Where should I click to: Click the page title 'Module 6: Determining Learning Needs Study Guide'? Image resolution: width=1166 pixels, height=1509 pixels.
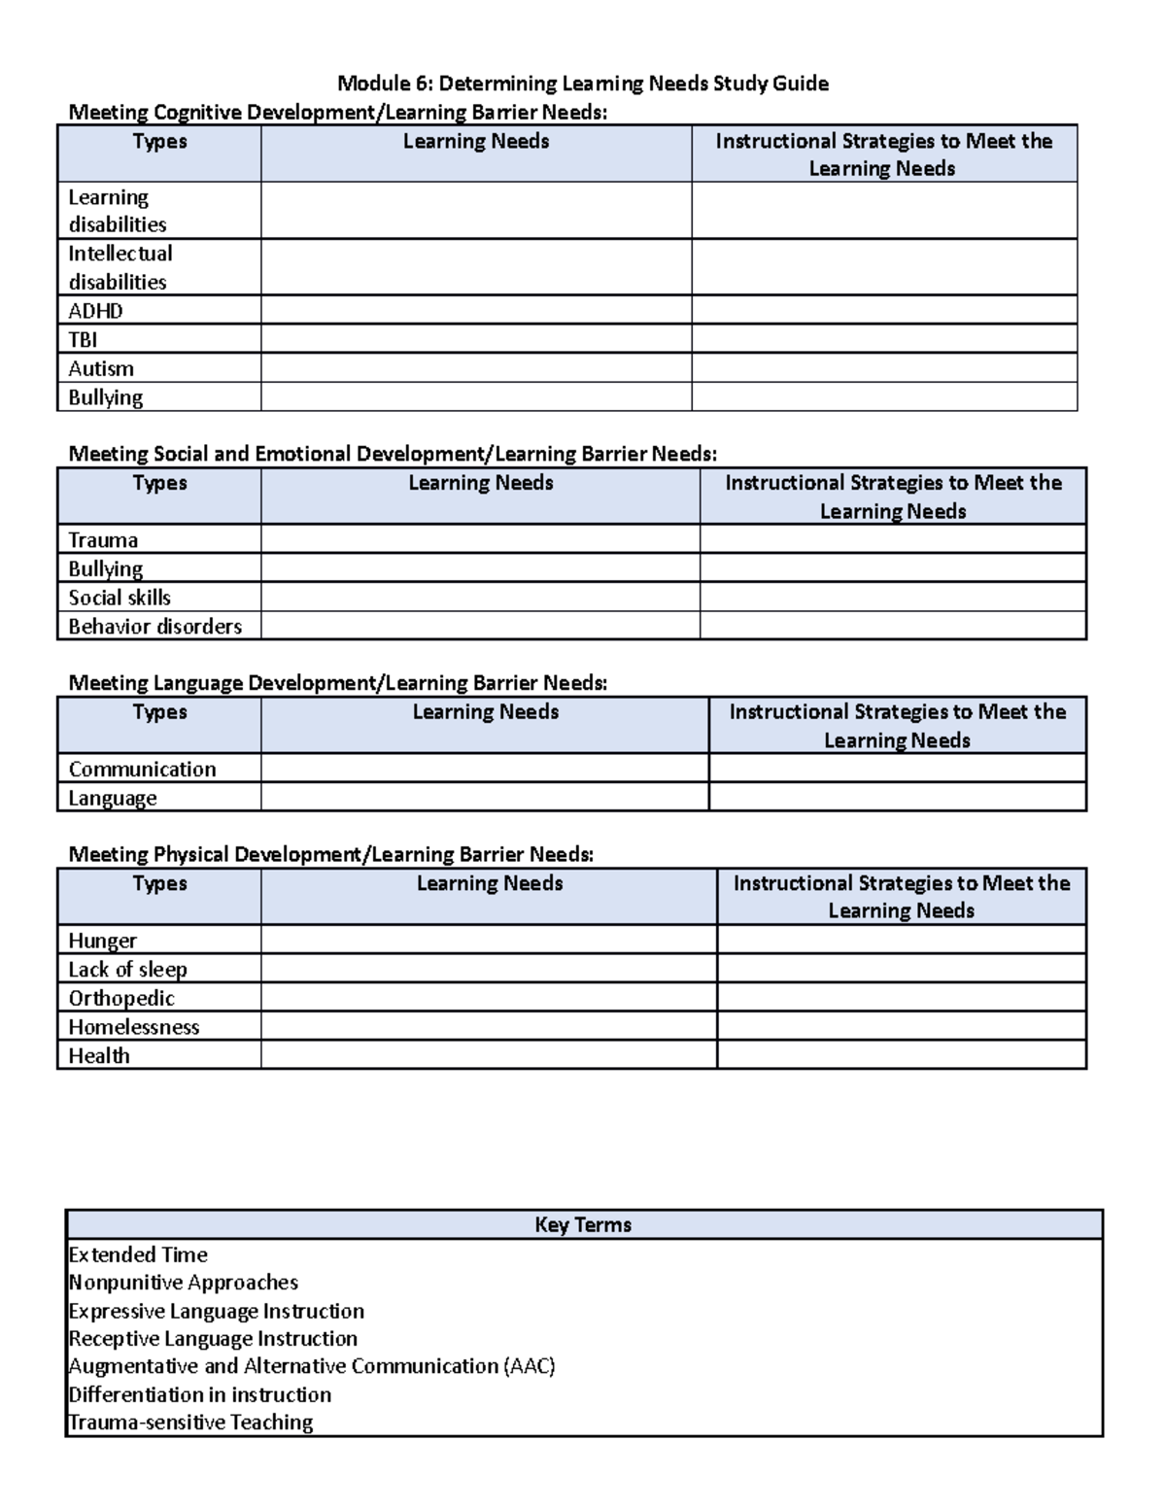[x=583, y=84]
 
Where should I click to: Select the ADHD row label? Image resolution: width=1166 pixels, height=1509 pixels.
[x=95, y=311]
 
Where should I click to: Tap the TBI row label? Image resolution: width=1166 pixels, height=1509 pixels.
[x=83, y=340]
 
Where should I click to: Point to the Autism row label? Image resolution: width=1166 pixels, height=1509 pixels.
[x=101, y=368]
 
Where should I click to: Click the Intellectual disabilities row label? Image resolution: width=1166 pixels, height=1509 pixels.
[x=120, y=267]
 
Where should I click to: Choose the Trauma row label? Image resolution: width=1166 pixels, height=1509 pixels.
[x=103, y=540]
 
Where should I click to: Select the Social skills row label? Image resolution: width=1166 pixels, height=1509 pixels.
[x=120, y=598]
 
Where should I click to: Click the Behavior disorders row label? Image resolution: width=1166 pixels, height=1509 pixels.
[x=154, y=626]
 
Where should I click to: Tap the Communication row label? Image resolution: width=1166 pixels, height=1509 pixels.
[x=142, y=769]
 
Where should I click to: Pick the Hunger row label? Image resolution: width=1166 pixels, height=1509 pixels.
[x=102, y=941]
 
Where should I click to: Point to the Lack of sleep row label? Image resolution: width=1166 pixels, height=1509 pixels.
[x=127, y=969]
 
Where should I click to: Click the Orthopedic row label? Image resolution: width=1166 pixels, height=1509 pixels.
[x=121, y=998]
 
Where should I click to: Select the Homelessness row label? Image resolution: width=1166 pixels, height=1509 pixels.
[x=133, y=1027]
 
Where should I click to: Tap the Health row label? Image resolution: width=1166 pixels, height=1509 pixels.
[x=98, y=1055]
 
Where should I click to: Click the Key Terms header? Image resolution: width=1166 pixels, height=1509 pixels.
[x=583, y=1225]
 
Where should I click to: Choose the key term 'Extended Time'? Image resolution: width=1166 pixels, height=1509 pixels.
[x=138, y=1254]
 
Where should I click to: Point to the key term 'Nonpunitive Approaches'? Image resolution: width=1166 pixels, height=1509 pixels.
[x=184, y=1283]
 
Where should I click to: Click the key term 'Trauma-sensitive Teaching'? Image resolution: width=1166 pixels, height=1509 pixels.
[x=190, y=1423]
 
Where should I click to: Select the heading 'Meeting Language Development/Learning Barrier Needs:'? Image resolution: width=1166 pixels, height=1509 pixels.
[x=337, y=683]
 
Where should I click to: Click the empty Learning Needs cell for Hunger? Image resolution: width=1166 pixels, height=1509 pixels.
[x=489, y=940]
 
